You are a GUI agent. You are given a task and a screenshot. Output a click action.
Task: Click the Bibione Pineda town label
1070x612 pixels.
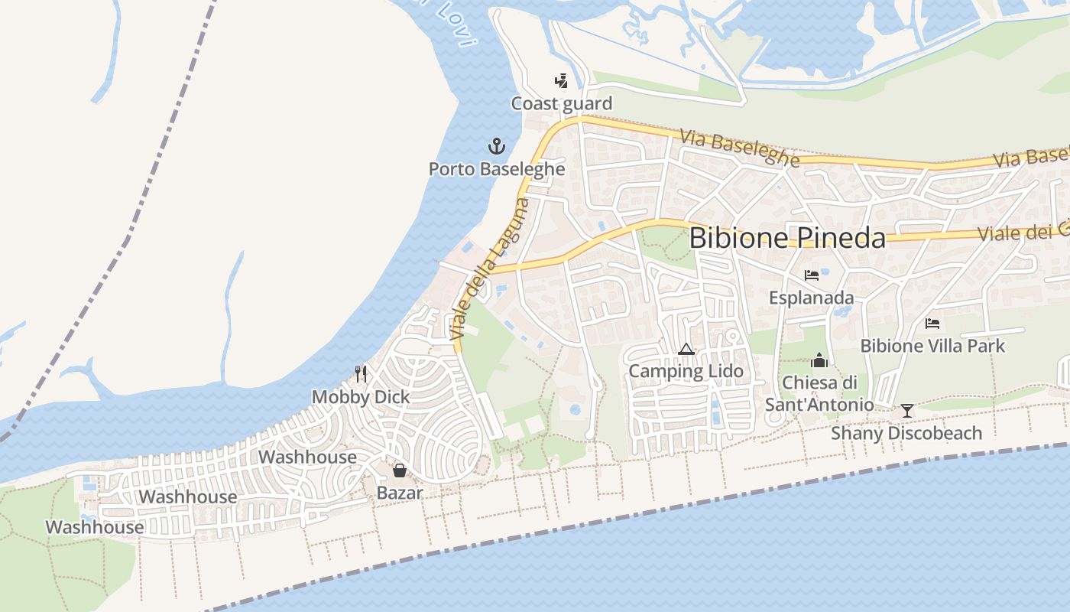coord(787,238)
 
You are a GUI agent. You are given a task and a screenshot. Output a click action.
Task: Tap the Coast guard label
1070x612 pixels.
coord(562,104)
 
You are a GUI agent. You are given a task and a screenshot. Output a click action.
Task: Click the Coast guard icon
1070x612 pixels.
coord(562,80)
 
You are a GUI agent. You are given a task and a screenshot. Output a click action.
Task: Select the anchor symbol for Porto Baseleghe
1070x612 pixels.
coord(497,145)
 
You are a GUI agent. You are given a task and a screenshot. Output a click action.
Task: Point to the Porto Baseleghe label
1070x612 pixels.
coord(497,169)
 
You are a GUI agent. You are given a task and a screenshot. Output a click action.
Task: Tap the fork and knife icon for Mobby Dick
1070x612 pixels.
coord(361,373)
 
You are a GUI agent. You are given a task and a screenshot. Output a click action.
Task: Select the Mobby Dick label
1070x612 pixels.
coord(361,397)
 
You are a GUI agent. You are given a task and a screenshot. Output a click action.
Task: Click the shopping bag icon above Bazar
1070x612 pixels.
coord(399,470)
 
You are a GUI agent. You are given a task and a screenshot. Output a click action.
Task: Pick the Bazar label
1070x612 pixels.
coord(399,493)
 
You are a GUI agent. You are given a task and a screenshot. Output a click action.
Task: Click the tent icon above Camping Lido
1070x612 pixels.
coord(686,350)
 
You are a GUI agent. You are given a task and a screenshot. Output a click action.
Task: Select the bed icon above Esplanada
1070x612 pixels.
coord(812,275)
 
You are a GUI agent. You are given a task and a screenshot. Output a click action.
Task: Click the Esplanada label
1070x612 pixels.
coord(812,298)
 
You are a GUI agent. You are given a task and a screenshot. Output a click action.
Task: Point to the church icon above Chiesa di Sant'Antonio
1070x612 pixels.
coord(819,360)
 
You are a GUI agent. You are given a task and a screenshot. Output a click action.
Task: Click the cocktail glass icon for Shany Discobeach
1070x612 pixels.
coord(906,411)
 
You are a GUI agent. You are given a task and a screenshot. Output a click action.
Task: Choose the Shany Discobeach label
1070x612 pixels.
coord(906,434)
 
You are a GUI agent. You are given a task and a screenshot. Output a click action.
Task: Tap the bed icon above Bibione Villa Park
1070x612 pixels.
coord(932,324)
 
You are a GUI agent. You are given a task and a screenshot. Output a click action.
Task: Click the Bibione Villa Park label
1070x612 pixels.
coord(932,346)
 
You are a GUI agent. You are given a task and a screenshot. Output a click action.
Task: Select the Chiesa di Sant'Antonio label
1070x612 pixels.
coord(819,393)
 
